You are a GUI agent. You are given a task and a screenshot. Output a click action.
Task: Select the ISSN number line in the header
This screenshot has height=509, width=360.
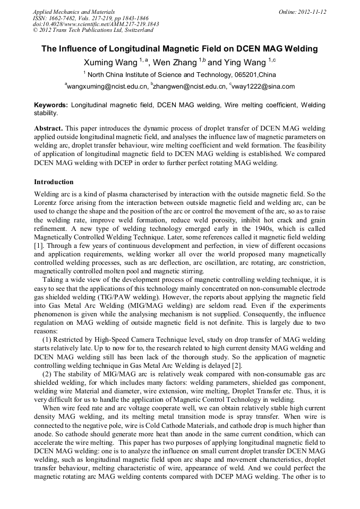click(x=91, y=18)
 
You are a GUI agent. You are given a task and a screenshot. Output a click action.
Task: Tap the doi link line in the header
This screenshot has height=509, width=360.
click(x=96, y=24)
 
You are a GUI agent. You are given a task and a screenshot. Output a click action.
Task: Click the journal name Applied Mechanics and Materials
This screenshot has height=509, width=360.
click(x=74, y=11)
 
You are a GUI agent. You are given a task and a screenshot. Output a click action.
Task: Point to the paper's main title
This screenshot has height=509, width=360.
click(x=179, y=49)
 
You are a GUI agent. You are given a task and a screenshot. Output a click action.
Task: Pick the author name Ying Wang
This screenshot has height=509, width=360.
click(x=245, y=62)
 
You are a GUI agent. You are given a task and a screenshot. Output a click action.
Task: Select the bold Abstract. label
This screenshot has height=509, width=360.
click(x=49, y=129)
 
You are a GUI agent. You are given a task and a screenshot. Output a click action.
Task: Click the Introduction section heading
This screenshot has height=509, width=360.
click(x=54, y=182)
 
